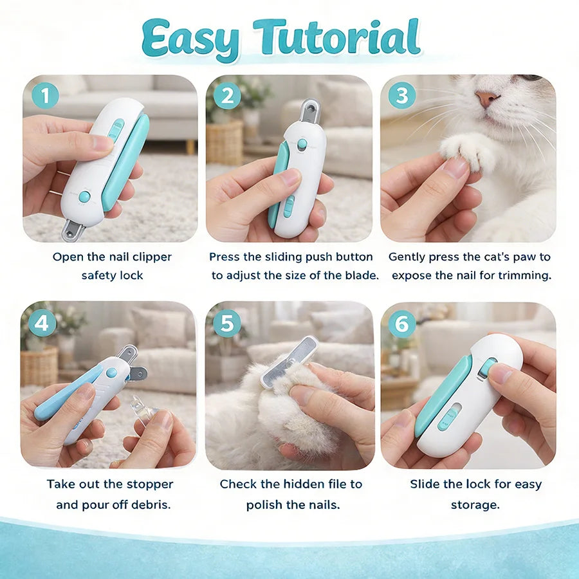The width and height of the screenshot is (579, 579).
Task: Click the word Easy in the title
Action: pos(190,40)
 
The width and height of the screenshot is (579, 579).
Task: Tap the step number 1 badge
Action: pos(44,96)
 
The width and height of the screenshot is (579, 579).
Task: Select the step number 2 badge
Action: pos(227,96)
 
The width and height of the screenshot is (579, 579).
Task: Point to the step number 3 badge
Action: pos(402,96)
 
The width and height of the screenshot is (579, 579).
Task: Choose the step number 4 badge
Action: pos(42,324)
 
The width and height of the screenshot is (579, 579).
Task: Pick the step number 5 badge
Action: pos(227,324)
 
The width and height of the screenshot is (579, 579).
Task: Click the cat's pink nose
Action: pos(486,98)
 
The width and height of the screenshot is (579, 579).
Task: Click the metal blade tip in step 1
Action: pos(72,229)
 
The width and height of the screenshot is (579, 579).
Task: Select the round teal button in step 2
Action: pos(302,143)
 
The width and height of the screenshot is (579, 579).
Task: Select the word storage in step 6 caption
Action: pos(475,504)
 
